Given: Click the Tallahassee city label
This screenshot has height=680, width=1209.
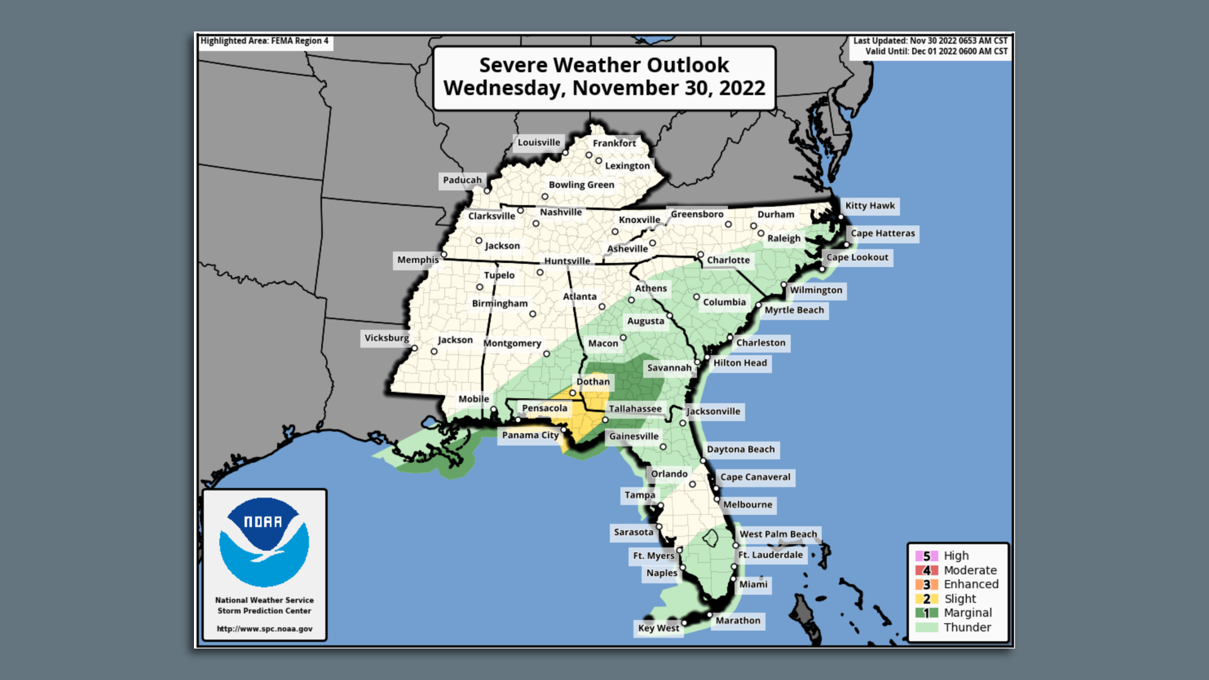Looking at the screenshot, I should [x=635, y=409].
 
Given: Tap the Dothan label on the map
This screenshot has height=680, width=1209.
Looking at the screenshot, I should [x=593, y=382].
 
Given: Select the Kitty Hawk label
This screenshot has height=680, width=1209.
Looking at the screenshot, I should [x=870, y=206].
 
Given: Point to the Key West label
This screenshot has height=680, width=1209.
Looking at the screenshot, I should [x=658, y=628].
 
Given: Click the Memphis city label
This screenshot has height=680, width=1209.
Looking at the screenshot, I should [x=417, y=260].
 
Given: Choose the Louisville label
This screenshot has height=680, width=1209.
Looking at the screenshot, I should [x=538, y=142].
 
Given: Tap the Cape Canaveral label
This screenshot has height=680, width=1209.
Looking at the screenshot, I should [x=755, y=477].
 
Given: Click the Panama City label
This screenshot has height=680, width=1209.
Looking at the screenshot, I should [x=530, y=435].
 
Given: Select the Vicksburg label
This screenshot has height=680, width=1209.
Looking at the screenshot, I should [x=386, y=338].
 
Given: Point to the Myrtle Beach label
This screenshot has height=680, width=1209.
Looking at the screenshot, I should [x=793, y=310].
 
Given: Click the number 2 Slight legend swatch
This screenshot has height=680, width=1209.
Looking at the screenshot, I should [x=926, y=599].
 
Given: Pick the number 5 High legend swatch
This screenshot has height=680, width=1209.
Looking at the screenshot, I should [x=926, y=556].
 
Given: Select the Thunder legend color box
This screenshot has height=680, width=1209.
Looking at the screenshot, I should [x=926, y=628].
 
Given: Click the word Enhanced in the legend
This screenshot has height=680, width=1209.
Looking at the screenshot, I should [x=970, y=584].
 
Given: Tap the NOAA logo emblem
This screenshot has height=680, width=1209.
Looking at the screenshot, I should [x=264, y=542].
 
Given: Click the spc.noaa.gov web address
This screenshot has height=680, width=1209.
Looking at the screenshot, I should [x=264, y=628].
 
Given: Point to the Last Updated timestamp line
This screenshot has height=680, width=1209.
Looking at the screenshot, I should [x=929, y=41].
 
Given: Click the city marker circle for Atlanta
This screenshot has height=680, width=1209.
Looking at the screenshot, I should [x=602, y=307].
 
